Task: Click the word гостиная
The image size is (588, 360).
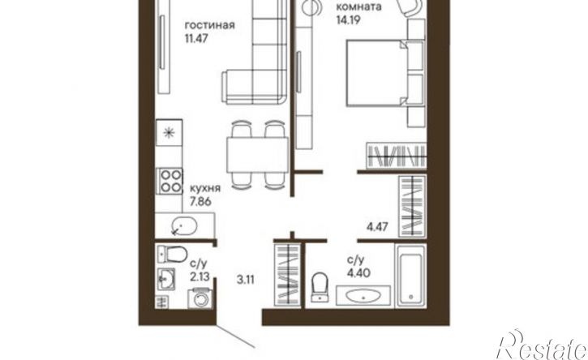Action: point(209,24)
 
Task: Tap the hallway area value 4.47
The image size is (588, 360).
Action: point(376,228)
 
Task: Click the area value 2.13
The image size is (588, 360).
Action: point(199,276)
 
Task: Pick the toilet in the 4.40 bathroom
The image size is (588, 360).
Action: point(319,287)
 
